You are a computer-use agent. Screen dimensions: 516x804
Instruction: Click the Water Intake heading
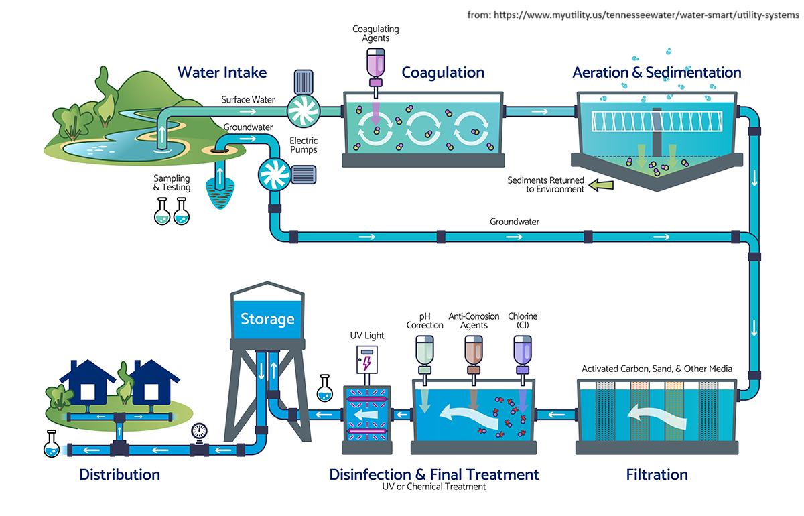click(x=222, y=72)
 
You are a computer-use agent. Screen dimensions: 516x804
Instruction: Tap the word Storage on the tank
click(x=267, y=318)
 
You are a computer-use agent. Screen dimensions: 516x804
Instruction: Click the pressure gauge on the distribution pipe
click(x=199, y=431)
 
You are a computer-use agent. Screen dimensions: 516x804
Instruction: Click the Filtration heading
click(x=657, y=475)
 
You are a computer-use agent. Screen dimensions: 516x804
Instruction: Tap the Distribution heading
click(x=119, y=475)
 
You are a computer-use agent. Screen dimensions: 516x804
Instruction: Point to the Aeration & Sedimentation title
click(x=657, y=72)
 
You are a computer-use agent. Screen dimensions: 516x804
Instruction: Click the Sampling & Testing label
click(x=172, y=183)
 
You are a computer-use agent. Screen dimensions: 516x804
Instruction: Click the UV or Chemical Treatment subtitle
click(x=433, y=487)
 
